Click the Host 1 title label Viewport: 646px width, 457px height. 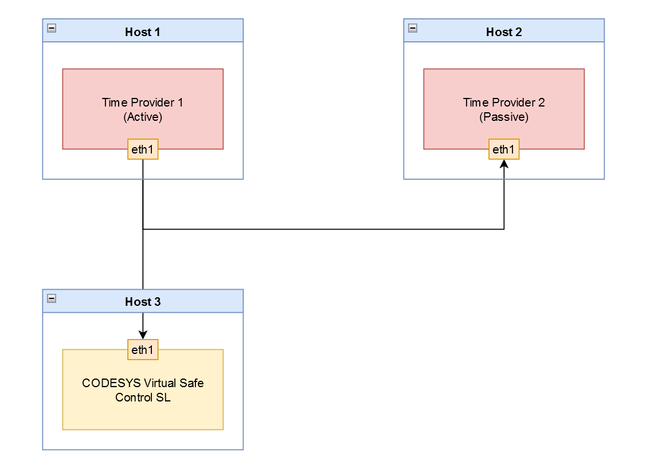[x=142, y=32]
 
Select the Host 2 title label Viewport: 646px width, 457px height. [x=503, y=32]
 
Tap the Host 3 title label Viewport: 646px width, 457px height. [x=142, y=302]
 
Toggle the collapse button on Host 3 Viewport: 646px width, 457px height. [x=52, y=298]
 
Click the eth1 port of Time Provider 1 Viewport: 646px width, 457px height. [x=143, y=149]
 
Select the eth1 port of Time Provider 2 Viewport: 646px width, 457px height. [x=504, y=149]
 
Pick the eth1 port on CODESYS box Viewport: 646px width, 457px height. [x=143, y=350]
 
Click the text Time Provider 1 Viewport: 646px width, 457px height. [x=142, y=103]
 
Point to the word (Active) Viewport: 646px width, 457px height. [x=143, y=117]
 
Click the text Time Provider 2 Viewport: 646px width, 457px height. [x=503, y=103]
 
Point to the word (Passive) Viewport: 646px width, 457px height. [x=504, y=117]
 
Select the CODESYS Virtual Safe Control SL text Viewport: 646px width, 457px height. [x=143, y=390]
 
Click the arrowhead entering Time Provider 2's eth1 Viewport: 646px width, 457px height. [x=504, y=164]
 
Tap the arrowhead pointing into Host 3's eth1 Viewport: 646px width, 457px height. [x=143, y=335]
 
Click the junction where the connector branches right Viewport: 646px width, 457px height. [x=143, y=230]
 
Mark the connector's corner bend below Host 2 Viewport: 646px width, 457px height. [x=504, y=230]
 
